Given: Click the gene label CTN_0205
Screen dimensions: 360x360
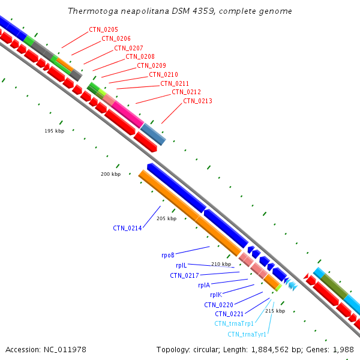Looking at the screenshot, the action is (x=103, y=29).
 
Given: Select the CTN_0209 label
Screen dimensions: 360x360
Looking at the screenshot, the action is (x=151, y=65).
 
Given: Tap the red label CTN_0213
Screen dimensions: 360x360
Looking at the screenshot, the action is (x=197, y=101).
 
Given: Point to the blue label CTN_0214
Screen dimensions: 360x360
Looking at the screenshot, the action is (x=127, y=228).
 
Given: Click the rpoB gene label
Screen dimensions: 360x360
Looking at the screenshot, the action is (x=168, y=256).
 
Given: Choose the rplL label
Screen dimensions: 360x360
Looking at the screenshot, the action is (x=181, y=265).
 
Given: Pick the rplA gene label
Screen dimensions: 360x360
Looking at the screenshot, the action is (x=204, y=285).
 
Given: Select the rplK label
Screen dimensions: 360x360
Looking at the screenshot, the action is (x=216, y=295).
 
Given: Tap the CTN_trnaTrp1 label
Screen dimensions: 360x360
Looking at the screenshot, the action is (x=234, y=324).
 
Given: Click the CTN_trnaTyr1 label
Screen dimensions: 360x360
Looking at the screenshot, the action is (x=247, y=334).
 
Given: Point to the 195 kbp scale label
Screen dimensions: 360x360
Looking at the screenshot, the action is (x=55, y=131).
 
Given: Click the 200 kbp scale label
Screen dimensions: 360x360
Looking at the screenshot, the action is (x=110, y=174).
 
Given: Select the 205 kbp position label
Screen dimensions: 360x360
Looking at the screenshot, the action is (x=166, y=218).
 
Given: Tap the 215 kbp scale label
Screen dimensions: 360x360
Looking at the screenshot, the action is (x=275, y=311).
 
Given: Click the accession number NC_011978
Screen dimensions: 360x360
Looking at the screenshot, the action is (x=65, y=350).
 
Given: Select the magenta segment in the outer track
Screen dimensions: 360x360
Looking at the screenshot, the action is (x=128, y=114).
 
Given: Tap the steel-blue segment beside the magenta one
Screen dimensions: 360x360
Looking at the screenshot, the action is (x=153, y=134).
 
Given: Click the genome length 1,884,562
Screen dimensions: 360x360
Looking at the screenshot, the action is (x=270, y=350).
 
